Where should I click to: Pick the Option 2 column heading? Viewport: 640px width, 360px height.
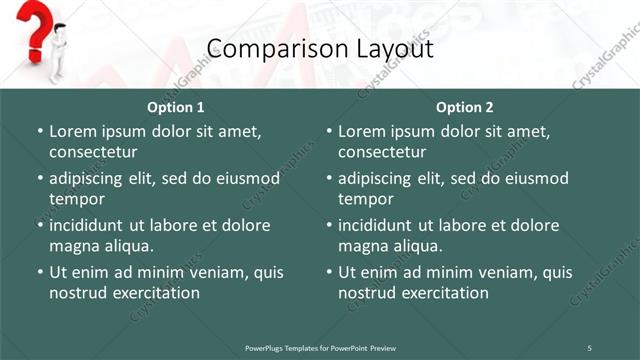(x=465, y=107)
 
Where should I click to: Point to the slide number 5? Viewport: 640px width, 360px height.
(x=589, y=347)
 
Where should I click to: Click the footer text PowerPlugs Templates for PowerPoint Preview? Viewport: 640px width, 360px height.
(x=320, y=347)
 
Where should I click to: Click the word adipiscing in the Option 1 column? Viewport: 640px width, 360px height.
(x=93, y=178)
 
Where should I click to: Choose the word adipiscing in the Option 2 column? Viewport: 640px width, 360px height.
(x=382, y=178)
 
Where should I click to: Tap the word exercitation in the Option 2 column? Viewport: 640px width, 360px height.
(x=443, y=293)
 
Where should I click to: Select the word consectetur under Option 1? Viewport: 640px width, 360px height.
(x=93, y=152)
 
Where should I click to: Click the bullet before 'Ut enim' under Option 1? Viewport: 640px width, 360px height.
(x=40, y=272)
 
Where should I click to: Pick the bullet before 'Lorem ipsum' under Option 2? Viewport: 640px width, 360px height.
(x=329, y=131)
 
